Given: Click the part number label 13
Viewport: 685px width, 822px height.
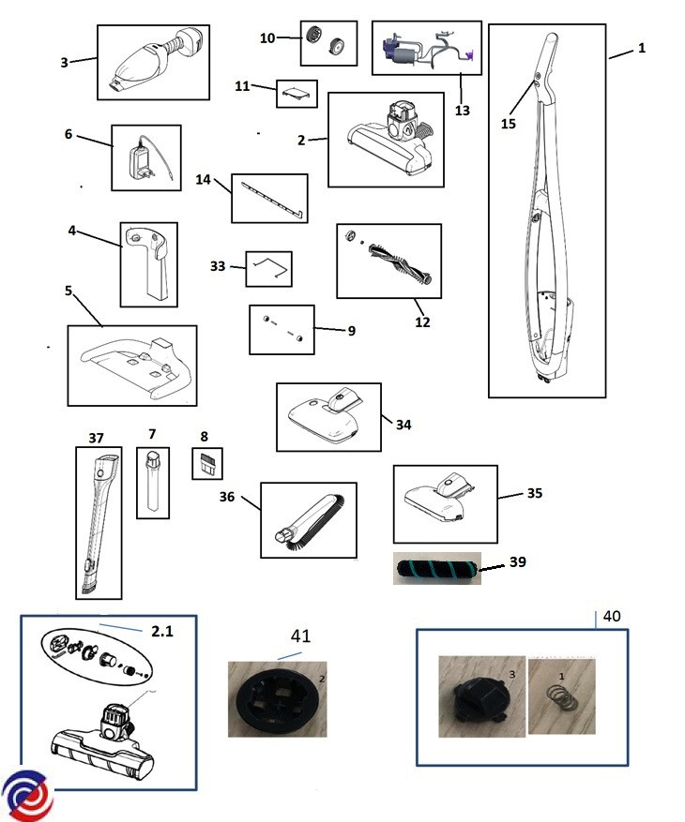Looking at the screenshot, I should click(462, 110).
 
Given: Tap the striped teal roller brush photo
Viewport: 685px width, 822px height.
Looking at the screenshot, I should click(436, 568).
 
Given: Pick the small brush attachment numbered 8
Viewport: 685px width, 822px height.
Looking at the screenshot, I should click(207, 463).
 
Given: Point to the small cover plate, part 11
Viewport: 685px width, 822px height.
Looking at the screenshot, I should click(297, 94).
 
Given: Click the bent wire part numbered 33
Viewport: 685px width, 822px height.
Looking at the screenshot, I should click(268, 269).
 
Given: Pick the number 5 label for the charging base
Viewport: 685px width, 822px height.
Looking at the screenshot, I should click(68, 291).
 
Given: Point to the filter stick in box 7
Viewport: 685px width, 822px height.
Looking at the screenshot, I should click(153, 480).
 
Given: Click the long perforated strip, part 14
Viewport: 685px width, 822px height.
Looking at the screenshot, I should click(269, 199).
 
